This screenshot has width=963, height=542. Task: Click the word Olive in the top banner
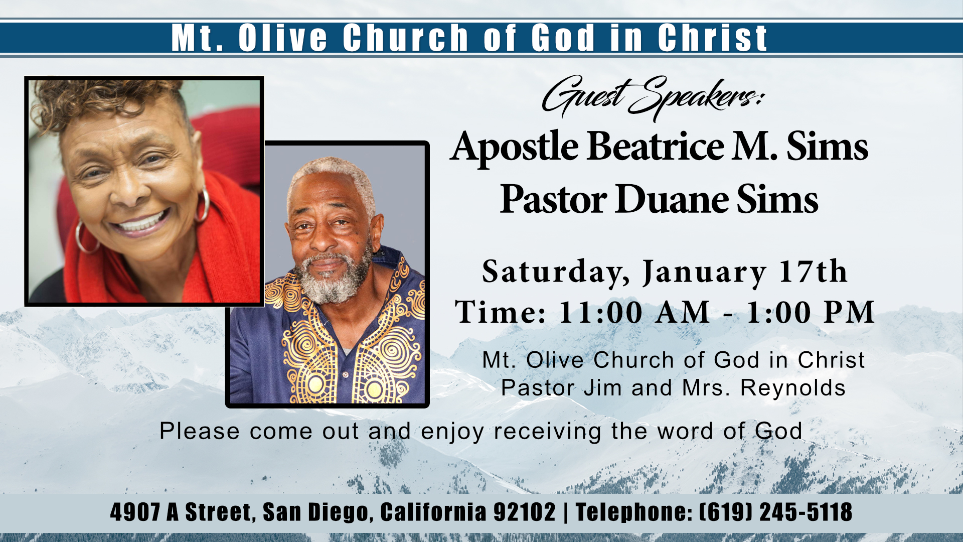[283, 38]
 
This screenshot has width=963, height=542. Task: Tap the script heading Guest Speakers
[652, 98]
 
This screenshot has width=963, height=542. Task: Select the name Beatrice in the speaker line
[656, 147]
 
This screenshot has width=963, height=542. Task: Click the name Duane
[672, 199]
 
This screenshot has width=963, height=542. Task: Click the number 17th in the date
[813, 272]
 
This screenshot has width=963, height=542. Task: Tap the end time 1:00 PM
[811, 312]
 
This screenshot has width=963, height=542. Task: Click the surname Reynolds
[793, 388]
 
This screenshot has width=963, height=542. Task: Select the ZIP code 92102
[525, 512]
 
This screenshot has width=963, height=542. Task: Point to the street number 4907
[135, 512]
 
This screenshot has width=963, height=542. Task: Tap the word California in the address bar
[433, 512]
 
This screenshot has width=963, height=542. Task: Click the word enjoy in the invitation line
[453, 432]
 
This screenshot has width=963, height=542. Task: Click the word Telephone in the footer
[633, 512]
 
